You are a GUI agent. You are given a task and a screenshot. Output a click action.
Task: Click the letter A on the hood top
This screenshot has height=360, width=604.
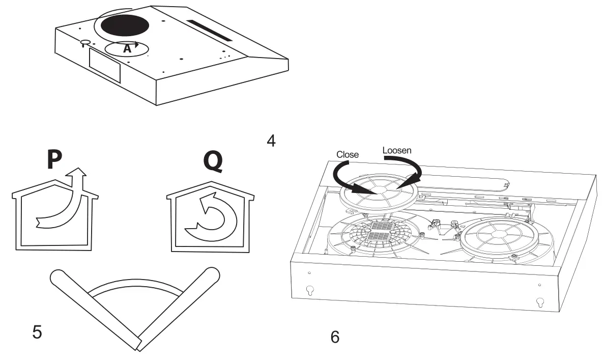(x=127, y=49)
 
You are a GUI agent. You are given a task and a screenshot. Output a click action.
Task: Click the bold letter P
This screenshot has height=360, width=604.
(x=53, y=159)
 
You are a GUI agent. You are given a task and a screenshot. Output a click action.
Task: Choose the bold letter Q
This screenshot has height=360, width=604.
(x=213, y=160)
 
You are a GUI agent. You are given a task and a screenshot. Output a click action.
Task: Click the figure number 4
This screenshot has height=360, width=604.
(x=271, y=141)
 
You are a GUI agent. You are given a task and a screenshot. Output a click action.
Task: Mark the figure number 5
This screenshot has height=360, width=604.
(x=37, y=332)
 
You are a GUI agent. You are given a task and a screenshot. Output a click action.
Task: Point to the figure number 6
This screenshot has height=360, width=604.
(x=334, y=337)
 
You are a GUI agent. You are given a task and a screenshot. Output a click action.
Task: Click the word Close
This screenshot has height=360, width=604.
(x=348, y=154)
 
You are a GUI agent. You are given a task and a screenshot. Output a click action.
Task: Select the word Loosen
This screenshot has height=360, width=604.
(x=397, y=151)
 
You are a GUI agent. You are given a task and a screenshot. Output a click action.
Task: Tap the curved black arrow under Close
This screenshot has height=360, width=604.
(x=346, y=178)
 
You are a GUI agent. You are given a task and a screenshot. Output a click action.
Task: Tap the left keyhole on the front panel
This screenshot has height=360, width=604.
(x=309, y=290)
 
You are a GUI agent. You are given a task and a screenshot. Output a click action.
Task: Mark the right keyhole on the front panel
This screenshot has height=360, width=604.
(x=540, y=301)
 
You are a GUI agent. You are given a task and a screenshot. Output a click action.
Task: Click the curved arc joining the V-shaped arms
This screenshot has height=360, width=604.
(x=135, y=291)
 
